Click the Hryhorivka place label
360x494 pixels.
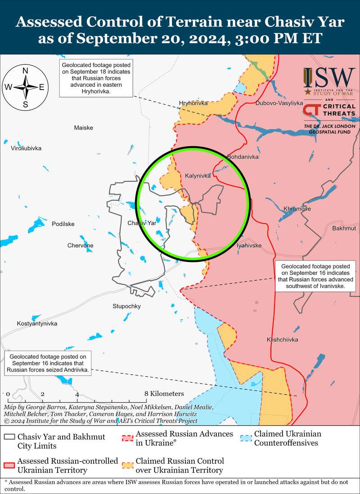[193, 103]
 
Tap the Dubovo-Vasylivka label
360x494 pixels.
[279, 103]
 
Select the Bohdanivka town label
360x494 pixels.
[243, 157]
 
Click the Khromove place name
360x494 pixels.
[297, 209]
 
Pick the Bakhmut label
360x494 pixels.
[344, 229]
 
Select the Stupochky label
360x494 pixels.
[126, 306]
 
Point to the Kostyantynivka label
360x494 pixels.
[37, 324]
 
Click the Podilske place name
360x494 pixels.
[63, 224]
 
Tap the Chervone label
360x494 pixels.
[81, 245]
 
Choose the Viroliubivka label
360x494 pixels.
[26, 148]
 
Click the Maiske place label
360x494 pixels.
[83, 128]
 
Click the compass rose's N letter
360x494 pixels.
[26, 71]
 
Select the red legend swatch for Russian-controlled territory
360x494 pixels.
[9, 465]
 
